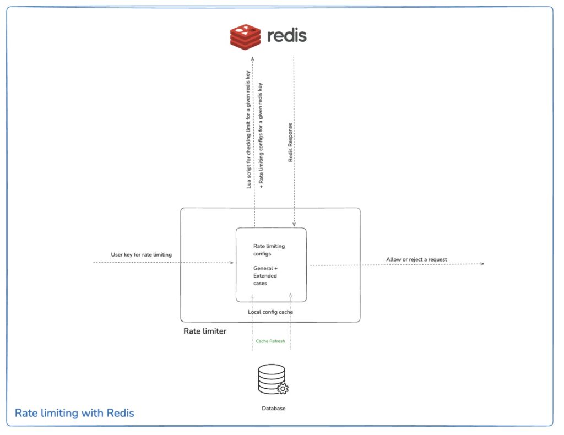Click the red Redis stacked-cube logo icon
click(x=245, y=36)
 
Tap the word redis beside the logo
click(x=286, y=36)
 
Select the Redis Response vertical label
click(x=290, y=142)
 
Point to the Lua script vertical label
click(x=249, y=130)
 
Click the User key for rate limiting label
click(x=142, y=254)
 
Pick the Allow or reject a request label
click(x=416, y=259)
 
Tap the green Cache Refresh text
click(x=270, y=341)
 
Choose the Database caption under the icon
click(x=274, y=409)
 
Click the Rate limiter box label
click(x=205, y=331)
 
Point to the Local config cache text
click(x=270, y=312)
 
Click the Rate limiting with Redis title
click(x=74, y=413)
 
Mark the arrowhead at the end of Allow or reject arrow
click(x=482, y=264)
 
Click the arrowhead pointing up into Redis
click(x=253, y=58)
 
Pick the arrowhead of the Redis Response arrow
click(x=294, y=225)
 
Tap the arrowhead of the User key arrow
click(x=232, y=263)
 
